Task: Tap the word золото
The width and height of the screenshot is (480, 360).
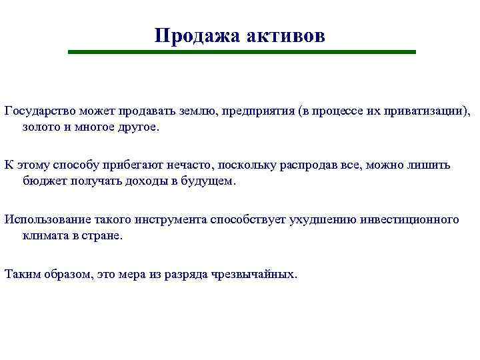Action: point(41,127)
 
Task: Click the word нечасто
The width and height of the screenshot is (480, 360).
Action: point(213,163)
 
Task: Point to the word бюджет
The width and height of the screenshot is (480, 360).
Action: point(41,181)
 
